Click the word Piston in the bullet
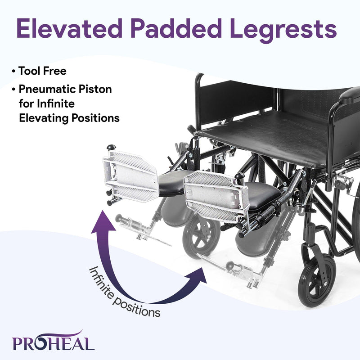click(x=96, y=89)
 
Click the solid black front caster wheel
click(x=316, y=279)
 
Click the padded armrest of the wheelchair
click(x=350, y=95)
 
